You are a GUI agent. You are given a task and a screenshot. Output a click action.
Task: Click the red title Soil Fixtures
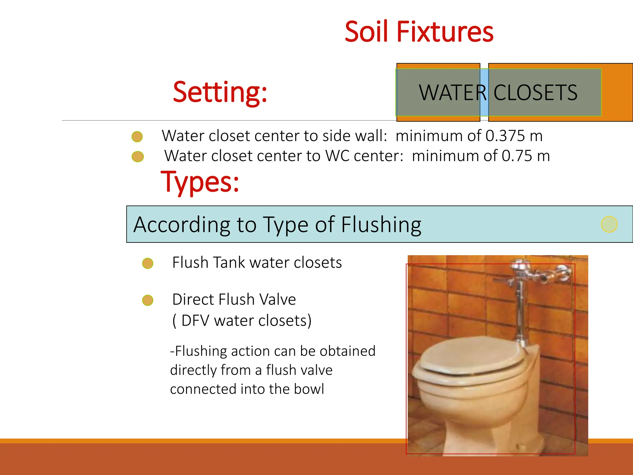tap(419, 32)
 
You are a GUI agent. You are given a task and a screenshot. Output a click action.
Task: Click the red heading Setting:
tap(220, 92)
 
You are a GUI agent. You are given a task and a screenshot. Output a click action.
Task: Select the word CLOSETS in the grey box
tap(535, 92)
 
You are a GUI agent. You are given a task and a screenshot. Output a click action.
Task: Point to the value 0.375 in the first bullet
tap(505, 136)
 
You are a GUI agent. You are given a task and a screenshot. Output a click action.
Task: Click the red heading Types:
tap(200, 182)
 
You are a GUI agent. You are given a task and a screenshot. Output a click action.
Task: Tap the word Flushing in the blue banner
tap(381, 225)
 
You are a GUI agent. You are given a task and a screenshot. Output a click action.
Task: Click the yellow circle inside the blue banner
tap(609, 224)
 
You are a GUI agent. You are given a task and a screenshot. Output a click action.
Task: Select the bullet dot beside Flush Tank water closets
tap(148, 263)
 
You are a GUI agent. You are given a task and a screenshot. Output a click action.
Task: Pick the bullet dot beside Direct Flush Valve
tap(148, 300)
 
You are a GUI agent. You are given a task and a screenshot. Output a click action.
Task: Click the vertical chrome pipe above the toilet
tap(520, 312)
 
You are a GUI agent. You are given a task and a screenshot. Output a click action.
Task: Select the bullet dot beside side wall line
tap(137, 136)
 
